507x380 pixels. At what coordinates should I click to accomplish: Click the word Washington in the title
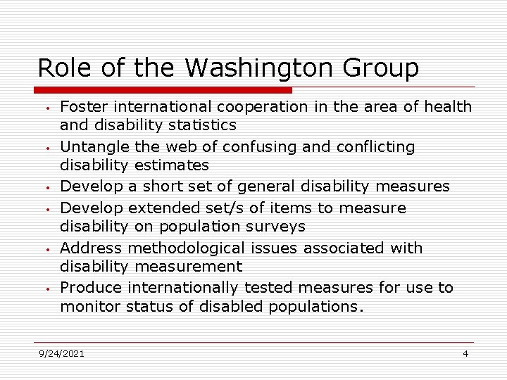(244, 68)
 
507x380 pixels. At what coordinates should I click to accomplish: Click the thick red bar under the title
(163, 90)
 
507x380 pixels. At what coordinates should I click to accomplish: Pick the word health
(447, 107)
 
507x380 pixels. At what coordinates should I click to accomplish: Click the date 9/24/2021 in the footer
(61, 353)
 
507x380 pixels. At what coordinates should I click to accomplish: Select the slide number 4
(465, 353)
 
